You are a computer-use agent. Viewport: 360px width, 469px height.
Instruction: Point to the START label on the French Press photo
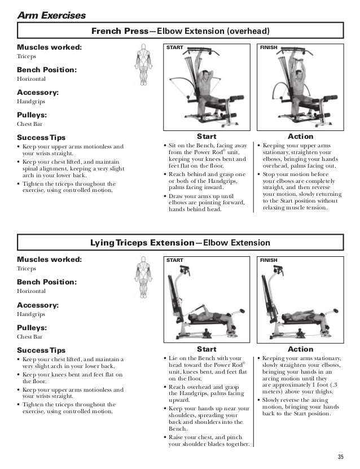175,48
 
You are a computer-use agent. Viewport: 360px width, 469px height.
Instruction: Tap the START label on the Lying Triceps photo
175,261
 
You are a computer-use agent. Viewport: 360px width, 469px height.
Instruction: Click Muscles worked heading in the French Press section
49,47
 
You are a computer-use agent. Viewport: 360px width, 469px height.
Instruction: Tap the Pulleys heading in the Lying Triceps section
32,327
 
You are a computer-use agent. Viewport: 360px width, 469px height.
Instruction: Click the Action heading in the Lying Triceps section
300,350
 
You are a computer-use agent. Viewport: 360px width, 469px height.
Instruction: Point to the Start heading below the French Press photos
206,137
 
